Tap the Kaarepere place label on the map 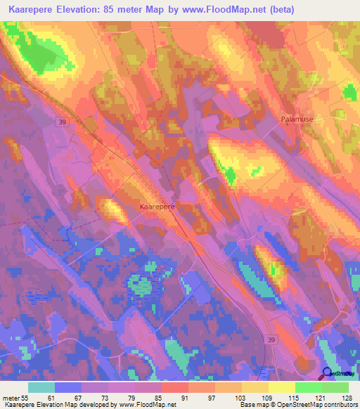[x=157, y=207]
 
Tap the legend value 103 [x=240, y=398]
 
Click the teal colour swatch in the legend [x=41, y=387]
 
